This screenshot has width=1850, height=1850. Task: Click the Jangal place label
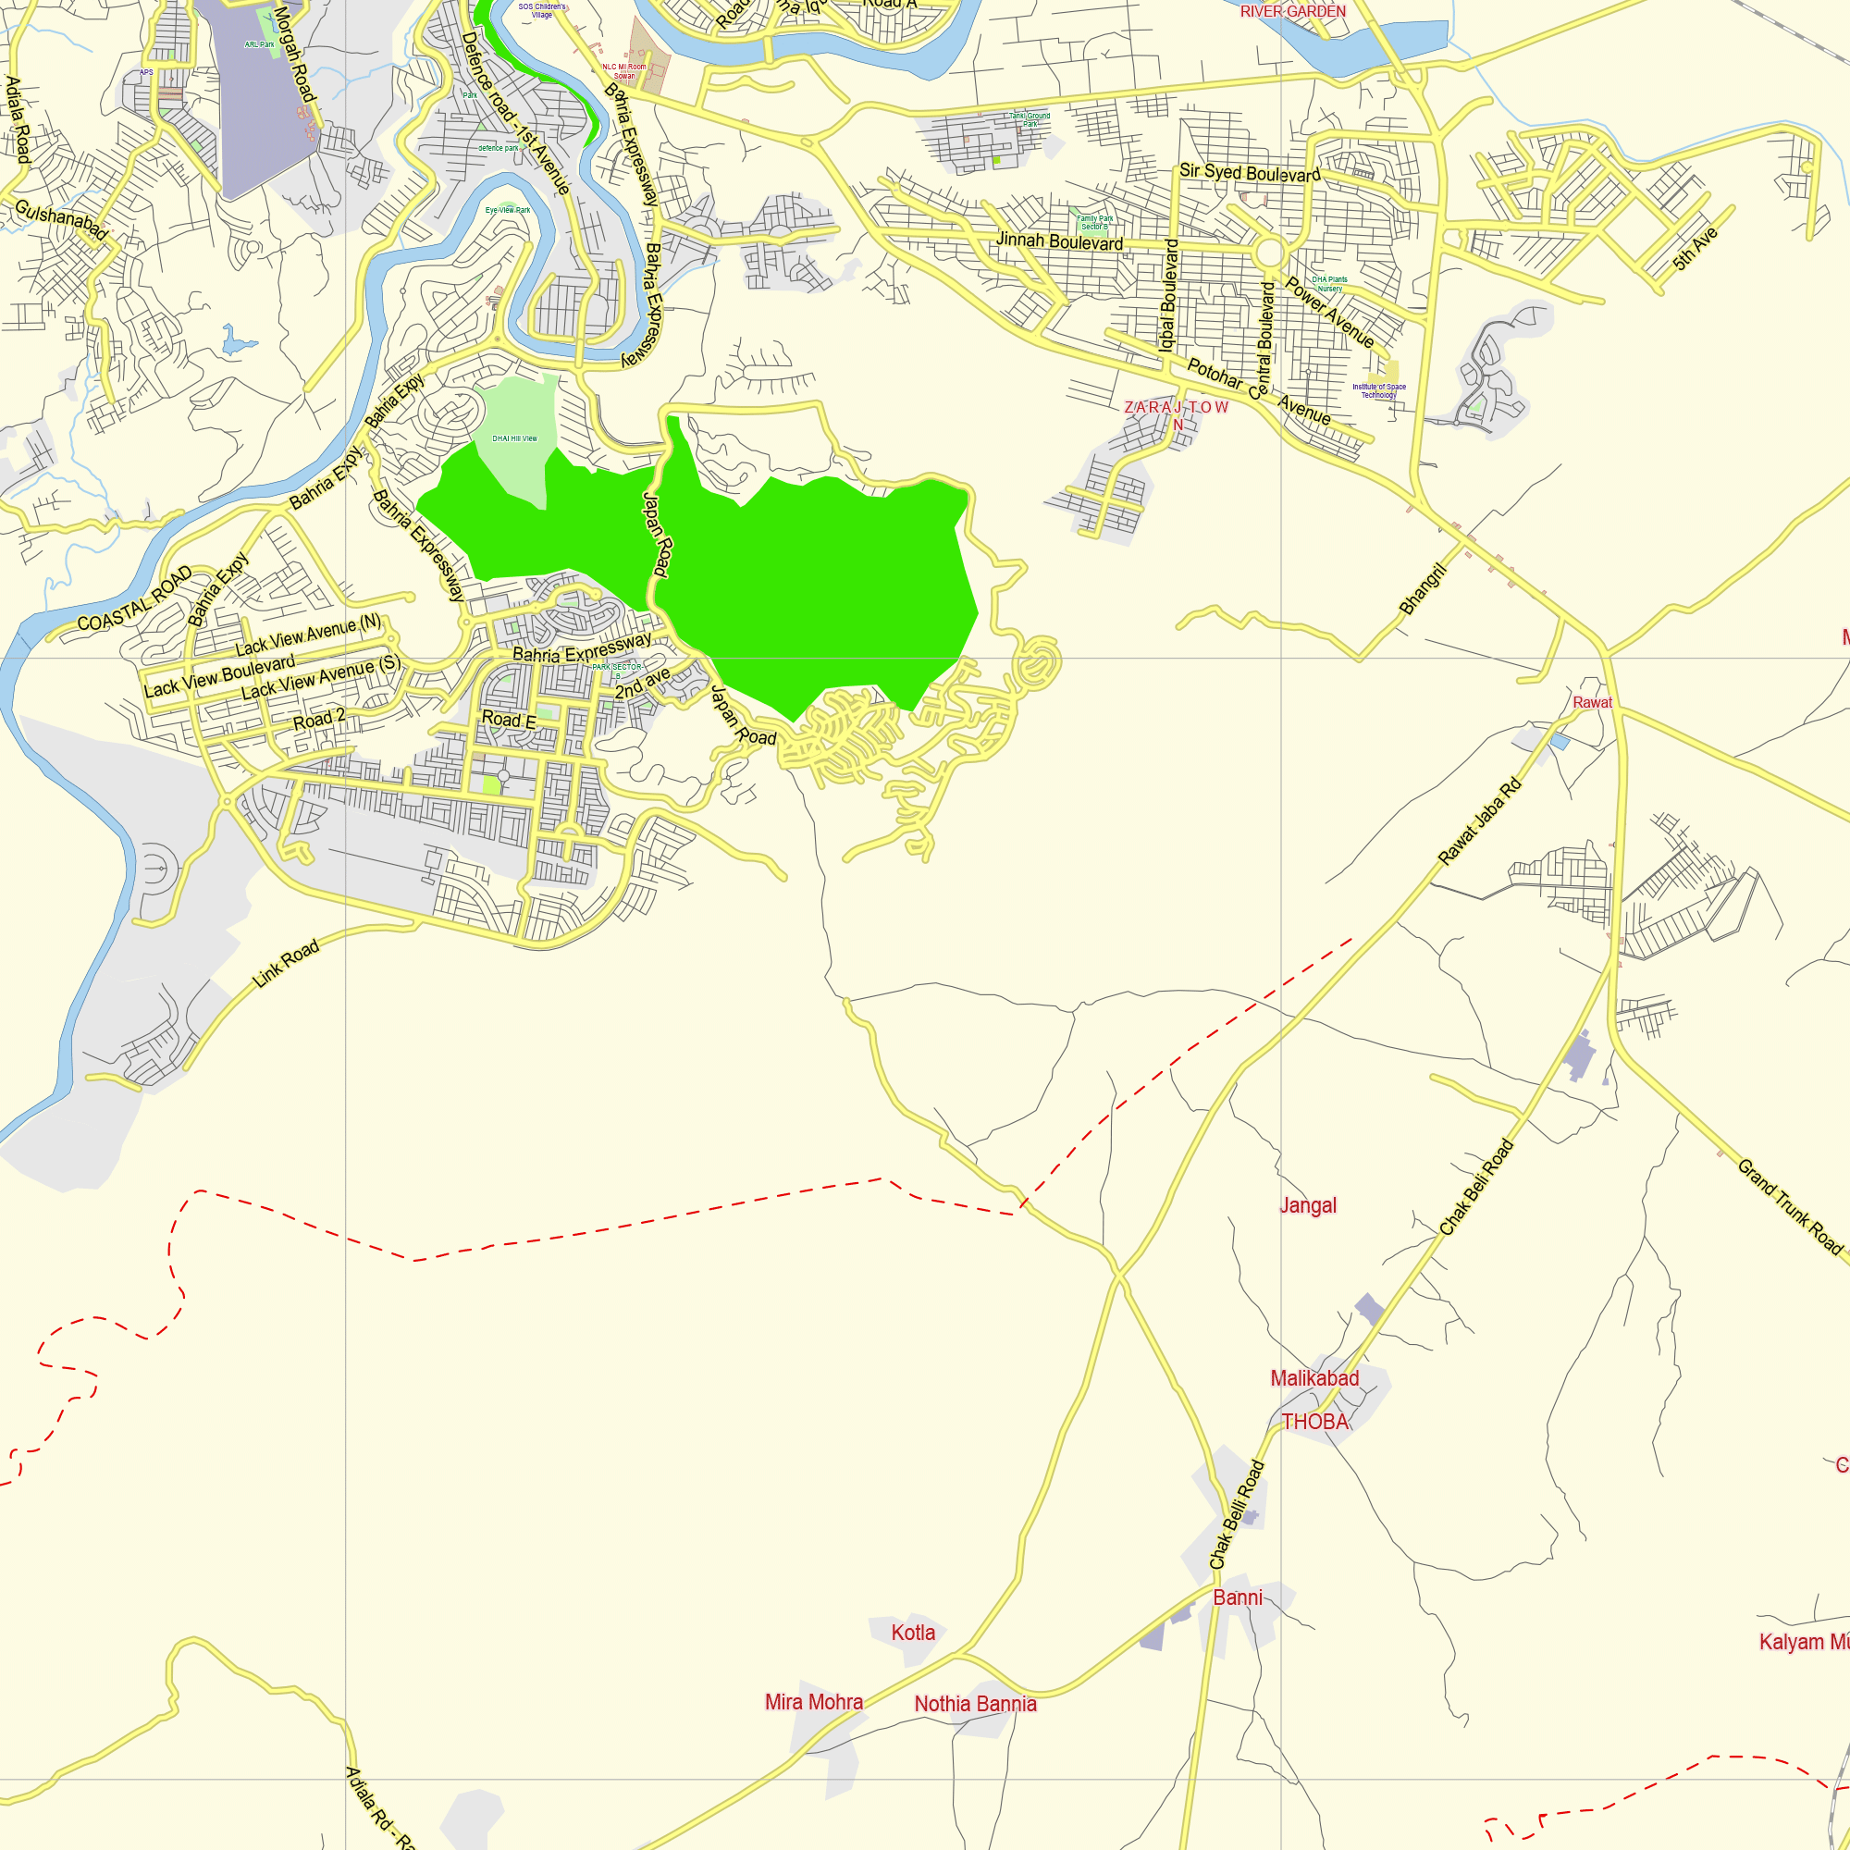[x=1308, y=1205]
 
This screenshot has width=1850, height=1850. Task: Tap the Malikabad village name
[x=1313, y=1378]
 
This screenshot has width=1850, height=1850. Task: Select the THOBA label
[x=1314, y=1422]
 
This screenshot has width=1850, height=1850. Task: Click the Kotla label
[x=913, y=1633]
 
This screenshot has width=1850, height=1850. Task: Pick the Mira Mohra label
[x=814, y=1702]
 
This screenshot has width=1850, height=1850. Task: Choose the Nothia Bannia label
[x=975, y=1704]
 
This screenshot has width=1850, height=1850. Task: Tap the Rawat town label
[x=1593, y=702]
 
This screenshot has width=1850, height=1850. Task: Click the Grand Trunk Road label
[x=1789, y=1205]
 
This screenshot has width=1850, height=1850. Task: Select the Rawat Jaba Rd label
[x=1479, y=822]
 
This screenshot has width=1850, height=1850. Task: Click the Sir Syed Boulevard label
[x=1250, y=173]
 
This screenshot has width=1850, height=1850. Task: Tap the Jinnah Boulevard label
[x=1059, y=241]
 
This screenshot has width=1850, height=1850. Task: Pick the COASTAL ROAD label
[x=134, y=599]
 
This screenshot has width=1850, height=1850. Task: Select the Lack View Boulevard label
[x=219, y=676]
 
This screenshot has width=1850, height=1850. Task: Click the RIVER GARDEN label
[x=1293, y=11]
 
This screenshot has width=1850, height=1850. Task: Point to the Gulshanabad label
[x=60, y=219]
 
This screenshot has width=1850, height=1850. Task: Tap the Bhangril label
[x=1422, y=589]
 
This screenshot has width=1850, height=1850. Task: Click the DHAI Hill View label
[x=514, y=438]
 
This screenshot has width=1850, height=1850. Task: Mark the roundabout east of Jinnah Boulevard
[x=1270, y=253]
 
